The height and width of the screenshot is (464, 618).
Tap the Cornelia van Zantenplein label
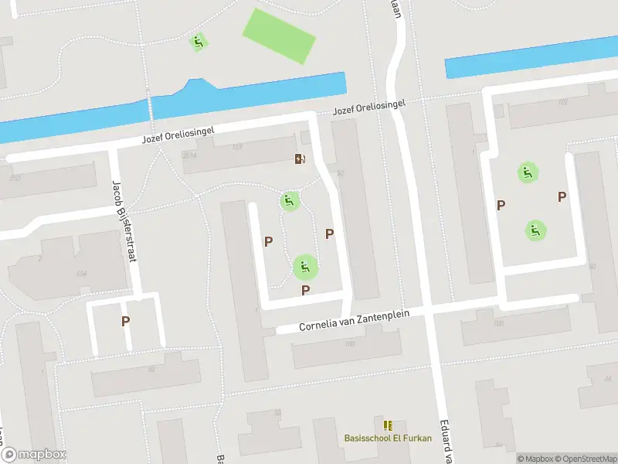pyautogui.click(x=352, y=320)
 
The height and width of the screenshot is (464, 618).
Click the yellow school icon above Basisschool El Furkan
pyautogui.click(x=388, y=425)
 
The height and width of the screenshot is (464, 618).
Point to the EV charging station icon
pyautogui.click(x=300, y=159)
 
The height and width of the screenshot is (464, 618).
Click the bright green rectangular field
pyautogui.click(x=279, y=36)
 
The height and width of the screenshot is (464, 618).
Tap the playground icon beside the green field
pyautogui.click(x=199, y=43)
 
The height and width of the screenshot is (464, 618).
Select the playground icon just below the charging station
pyautogui.click(x=289, y=202)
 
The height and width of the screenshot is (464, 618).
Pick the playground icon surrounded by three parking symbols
pyautogui.click(x=305, y=268)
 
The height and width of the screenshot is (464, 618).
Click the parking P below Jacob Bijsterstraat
pyautogui.click(x=125, y=321)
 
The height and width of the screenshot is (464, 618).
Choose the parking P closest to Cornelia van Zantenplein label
pyautogui.click(x=306, y=291)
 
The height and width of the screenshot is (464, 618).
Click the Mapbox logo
pyautogui.click(x=33, y=455)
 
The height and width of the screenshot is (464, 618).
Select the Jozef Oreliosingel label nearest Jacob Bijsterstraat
pyautogui.click(x=178, y=137)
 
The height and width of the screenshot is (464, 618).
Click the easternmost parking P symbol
pyautogui.click(x=562, y=197)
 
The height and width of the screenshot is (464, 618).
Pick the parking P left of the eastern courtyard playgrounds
pyautogui.click(x=501, y=205)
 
